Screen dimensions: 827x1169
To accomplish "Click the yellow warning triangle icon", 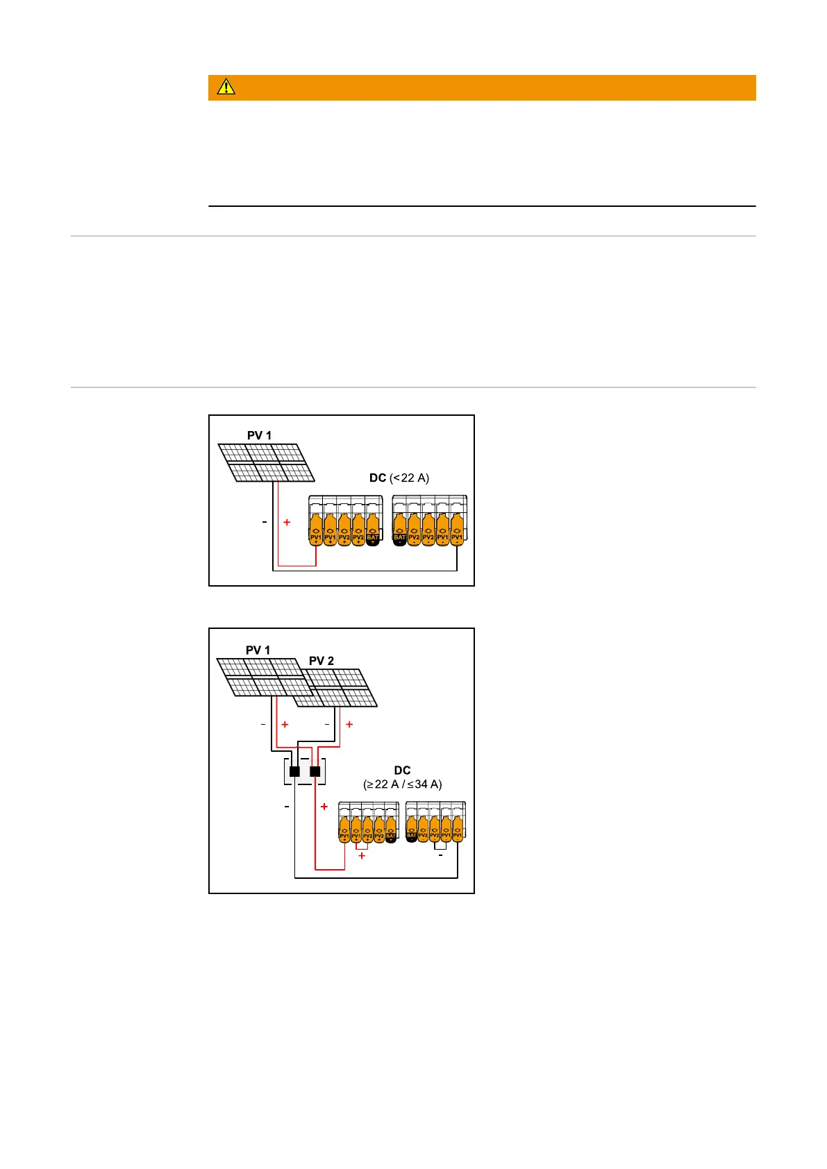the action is pos(226,87).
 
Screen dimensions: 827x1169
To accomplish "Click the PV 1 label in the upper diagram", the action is pos(259,435).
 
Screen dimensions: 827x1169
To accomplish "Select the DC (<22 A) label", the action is pos(399,478).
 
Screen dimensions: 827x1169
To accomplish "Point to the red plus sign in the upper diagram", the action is pos(287,522).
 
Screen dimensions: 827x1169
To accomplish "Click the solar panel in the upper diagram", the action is pos(266,463).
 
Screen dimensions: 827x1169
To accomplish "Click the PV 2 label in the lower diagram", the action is pos(321,661).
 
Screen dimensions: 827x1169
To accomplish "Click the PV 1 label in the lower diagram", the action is pos(258,650).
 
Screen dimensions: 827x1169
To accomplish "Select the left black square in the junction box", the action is pos(294,771).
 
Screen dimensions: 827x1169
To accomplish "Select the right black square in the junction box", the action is pos(315,771).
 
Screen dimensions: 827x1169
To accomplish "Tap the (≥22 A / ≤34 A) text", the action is pos(403,784).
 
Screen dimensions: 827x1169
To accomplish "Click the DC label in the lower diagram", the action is pos(402,771).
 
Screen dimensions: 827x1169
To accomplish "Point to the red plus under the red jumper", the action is pos(362,856).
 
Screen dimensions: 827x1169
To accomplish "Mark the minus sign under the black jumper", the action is pos(440,856).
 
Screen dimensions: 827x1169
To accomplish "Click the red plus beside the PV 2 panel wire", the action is pos(349,724).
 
